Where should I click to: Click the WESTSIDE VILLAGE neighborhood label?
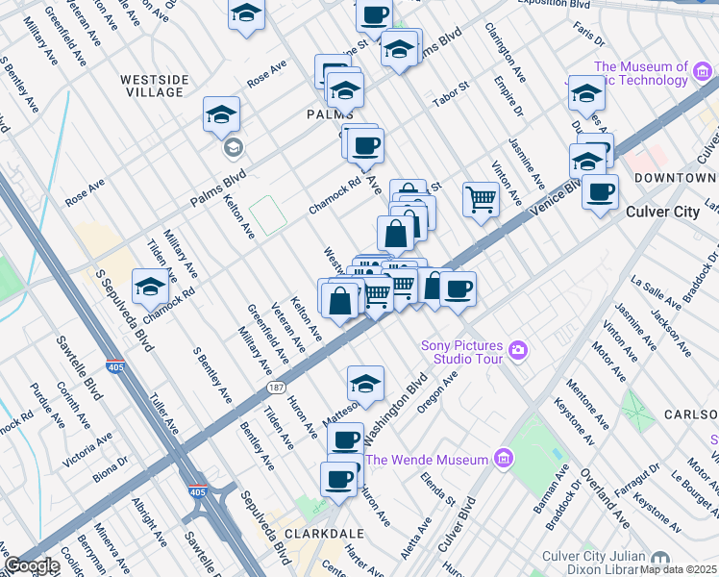click(x=152, y=86)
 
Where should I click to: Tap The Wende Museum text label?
click(x=427, y=460)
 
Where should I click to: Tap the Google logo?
click(x=32, y=565)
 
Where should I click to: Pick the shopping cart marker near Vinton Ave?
click(x=481, y=199)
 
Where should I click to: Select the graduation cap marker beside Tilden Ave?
click(x=150, y=287)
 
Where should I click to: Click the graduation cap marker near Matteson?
click(x=365, y=384)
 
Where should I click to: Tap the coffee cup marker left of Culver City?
click(x=601, y=190)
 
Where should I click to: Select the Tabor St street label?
click(x=449, y=91)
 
